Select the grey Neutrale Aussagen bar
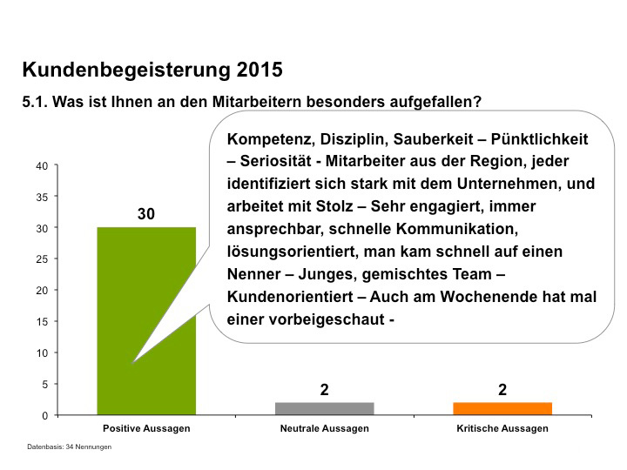pyautogui.click(x=324, y=409)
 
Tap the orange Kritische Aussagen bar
pyautogui.click(x=502, y=409)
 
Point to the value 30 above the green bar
pyautogui.click(x=146, y=214)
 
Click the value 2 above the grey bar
pyautogui.click(x=324, y=390)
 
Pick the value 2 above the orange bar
pyautogui.click(x=502, y=390)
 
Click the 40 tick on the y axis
pyautogui.click(x=41, y=165)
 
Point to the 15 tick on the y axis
pyautogui.click(x=41, y=322)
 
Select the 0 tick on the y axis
pyautogui.click(x=44, y=415)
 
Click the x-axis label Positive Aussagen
pyautogui.click(x=146, y=429)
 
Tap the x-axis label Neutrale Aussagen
pyautogui.click(x=324, y=429)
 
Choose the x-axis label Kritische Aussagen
pyautogui.click(x=502, y=429)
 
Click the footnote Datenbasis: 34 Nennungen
pyautogui.click(x=69, y=447)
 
